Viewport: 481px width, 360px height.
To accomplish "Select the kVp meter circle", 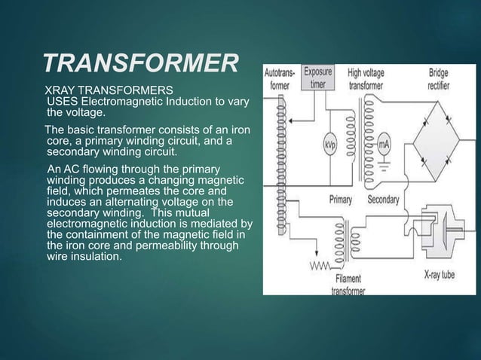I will (330, 143).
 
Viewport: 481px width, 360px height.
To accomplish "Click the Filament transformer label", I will (349, 285).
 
